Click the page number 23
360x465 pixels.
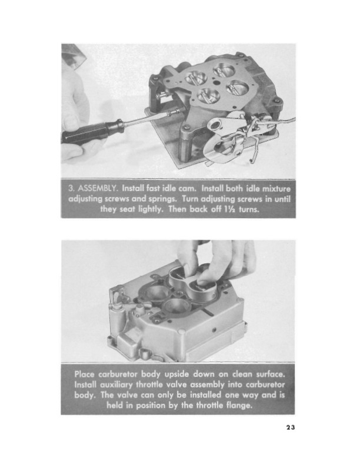(x=291, y=427)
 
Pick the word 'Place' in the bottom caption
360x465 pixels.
(x=85, y=374)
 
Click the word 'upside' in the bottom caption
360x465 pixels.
(x=177, y=374)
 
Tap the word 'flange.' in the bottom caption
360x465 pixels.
(x=239, y=406)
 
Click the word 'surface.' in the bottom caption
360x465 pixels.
(x=270, y=374)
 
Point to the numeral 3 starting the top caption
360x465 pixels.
(x=71, y=188)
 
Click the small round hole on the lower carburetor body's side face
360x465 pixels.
(x=213, y=330)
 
